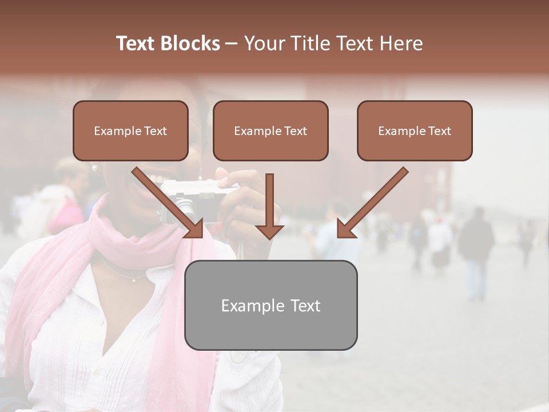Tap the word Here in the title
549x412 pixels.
[401, 43]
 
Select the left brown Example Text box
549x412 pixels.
[130, 131]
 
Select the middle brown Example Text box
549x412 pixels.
[270, 131]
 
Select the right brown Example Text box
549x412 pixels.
[415, 131]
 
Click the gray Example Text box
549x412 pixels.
[270, 305]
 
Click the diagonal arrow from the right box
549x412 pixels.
[372, 203]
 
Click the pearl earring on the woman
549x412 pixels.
[95, 168]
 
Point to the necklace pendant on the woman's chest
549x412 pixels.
[133, 280]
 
